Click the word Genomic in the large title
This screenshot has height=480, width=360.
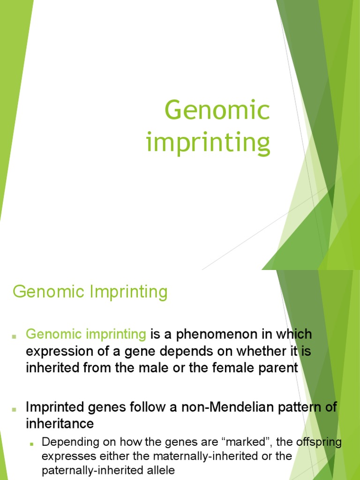click(x=217, y=111)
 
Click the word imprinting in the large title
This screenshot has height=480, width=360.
click(x=208, y=142)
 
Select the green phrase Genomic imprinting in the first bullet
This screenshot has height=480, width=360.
click(x=86, y=335)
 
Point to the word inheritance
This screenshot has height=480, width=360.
click(x=60, y=424)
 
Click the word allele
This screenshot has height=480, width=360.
click(x=160, y=470)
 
